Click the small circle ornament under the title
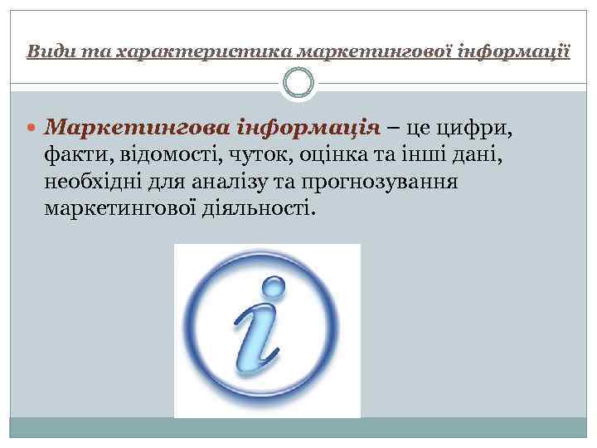click(x=298, y=84)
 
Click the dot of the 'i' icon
click(x=272, y=288)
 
